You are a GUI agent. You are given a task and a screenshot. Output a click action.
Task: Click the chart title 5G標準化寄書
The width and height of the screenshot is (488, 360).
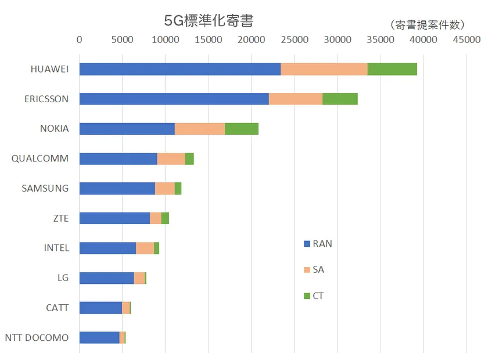[209, 20]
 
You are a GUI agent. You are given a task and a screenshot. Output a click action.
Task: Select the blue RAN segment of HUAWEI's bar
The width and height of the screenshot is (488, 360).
[180, 69]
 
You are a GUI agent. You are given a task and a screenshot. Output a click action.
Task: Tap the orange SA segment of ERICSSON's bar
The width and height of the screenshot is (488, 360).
[295, 99]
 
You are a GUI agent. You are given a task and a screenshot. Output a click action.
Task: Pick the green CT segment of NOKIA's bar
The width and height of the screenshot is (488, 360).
[241, 129]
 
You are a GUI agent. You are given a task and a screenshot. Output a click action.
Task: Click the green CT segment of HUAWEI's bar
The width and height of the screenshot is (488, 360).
[392, 69]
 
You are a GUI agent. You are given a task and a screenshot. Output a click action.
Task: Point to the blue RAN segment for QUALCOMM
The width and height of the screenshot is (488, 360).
[118, 159]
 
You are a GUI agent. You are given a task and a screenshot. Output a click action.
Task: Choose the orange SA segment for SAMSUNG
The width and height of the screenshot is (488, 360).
[164, 188]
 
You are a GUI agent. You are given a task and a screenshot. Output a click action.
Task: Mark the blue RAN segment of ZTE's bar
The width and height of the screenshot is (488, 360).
[114, 218]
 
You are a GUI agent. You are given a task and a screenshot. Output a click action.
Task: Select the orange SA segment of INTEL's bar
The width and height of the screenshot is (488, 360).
[145, 248]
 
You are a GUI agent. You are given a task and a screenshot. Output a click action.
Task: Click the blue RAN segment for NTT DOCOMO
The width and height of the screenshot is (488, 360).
[99, 337]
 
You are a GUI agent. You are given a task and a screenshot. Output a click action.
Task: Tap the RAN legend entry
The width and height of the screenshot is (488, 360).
[318, 244]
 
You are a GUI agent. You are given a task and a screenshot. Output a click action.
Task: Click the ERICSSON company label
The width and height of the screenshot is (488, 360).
[46, 99]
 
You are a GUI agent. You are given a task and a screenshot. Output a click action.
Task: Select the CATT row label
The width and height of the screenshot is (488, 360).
[57, 308]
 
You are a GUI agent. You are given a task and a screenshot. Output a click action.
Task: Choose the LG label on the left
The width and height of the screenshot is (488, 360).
[63, 278]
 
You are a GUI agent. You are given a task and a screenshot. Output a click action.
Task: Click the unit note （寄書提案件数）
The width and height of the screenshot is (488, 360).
[427, 24]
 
